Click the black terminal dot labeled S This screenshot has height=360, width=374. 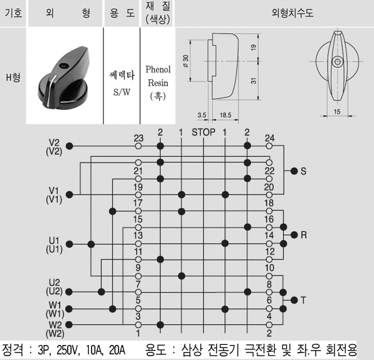pyautogui.click(x=294, y=171)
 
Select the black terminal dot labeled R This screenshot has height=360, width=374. pyautogui.click(x=294, y=235)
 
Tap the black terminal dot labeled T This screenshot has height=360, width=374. pyautogui.click(x=294, y=300)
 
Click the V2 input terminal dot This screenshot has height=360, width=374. pyautogui.click(x=69, y=146)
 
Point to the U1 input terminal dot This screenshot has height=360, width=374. pyautogui.click(x=69, y=244)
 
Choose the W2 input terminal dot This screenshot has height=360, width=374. pyautogui.click(x=69, y=324)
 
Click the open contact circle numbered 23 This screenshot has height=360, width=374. pyautogui.click(x=138, y=146)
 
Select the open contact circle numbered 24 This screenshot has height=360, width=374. pyautogui.click(x=269, y=146)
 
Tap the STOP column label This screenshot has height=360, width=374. pyautogui.click(x=203, y=132)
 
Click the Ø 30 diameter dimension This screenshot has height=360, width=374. pyautogui.click(x=186, y=61)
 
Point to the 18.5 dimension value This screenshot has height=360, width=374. pyautogui.click(x=225, y=115)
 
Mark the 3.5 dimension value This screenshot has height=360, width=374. pyautogui.click(x=202, y=115)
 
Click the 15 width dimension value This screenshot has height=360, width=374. pyautogui.click(x=337, y=112)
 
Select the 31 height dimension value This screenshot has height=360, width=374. pyautogui.click(x=254, y=80)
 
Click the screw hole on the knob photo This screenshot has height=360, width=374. pyautogui.click(x=63, y=66)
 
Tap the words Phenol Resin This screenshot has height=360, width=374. pyautogui.click(x=158, y=76)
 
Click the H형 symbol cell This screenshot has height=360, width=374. pyautogui.click(x=13, y=77)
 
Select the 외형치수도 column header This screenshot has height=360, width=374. pyautogui.click(x=292, y=13)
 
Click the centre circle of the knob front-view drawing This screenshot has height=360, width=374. pyautogui.click(x=337, y=61)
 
